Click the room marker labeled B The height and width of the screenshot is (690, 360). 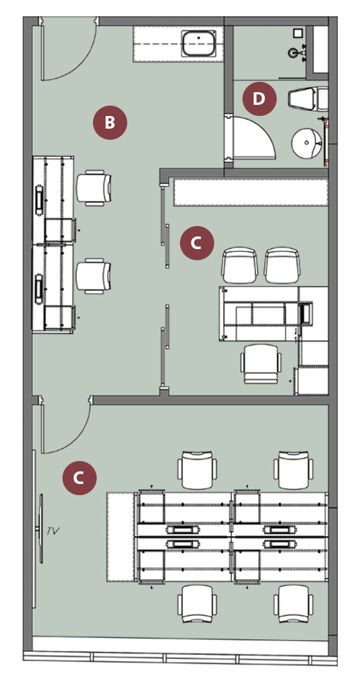point(109,123)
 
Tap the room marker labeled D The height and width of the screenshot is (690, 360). point(260,99)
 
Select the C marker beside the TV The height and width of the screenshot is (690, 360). point(80,478)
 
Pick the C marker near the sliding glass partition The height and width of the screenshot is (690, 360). point(196,243)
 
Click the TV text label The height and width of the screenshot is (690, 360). point(53,531)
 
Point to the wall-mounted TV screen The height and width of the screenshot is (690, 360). point(42,529)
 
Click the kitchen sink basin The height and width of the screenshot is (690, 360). point(199,43)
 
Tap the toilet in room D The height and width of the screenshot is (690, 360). point(308,99)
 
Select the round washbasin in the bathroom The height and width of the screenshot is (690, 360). point(307,143)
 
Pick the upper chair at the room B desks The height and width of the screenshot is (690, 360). point(94,188)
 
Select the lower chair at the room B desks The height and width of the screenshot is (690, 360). point(94,276)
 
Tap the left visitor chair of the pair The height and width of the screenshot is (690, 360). point(239,265)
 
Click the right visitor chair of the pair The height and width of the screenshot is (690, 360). point(282,265)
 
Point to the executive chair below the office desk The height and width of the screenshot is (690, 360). point(261,364)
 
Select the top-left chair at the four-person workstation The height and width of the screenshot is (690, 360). point(197,470)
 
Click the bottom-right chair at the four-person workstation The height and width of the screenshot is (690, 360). point(294,603)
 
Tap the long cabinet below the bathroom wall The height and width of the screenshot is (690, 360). point(251,192)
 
